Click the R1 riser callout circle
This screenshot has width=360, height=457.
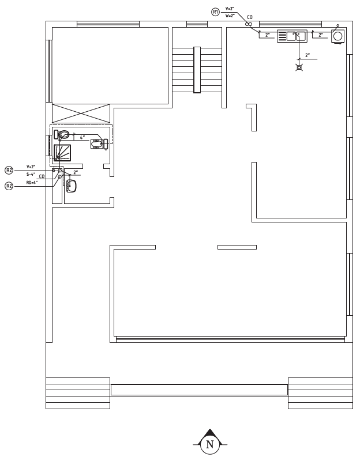(215, 12)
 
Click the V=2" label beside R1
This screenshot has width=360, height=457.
(230, 9)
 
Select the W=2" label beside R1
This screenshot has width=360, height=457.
(230, 16)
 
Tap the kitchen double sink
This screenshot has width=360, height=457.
(292, 36)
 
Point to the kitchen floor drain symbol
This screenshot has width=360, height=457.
(299, 67)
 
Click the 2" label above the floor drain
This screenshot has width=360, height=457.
(307, 55)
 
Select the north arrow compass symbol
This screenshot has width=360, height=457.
(210, 441)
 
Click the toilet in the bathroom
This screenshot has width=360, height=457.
(62, 134)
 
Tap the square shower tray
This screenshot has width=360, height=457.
(62, 153)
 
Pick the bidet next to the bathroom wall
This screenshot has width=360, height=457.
(99, 143)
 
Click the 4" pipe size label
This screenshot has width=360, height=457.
(82, 137)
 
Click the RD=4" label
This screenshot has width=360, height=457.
(32, 183)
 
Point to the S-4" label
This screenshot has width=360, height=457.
(31, 174)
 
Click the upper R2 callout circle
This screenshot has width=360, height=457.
(9, 170)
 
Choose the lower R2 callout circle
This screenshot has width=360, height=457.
(9, 186)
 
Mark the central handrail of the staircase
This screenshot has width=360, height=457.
(197, 70)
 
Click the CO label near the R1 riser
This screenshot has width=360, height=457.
(250, 17)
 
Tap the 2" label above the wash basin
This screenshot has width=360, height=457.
(76, 172)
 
